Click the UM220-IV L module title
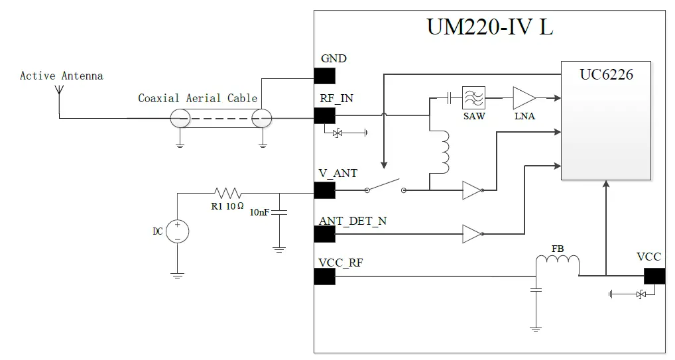[489, 29]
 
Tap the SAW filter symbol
[473, 98]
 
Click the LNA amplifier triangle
[523, 98]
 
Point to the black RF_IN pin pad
[324, 115]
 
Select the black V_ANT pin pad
[324, 191]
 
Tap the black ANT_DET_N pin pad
[324, 233]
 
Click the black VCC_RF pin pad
[324, 276]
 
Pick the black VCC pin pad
[654, 276]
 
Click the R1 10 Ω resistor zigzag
[227, 193]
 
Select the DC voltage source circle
[178, 231]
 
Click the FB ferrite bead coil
[558, 263]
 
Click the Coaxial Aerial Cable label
[197, 98]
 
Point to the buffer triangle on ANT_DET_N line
[471, 233]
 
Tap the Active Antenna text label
[61, 76]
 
